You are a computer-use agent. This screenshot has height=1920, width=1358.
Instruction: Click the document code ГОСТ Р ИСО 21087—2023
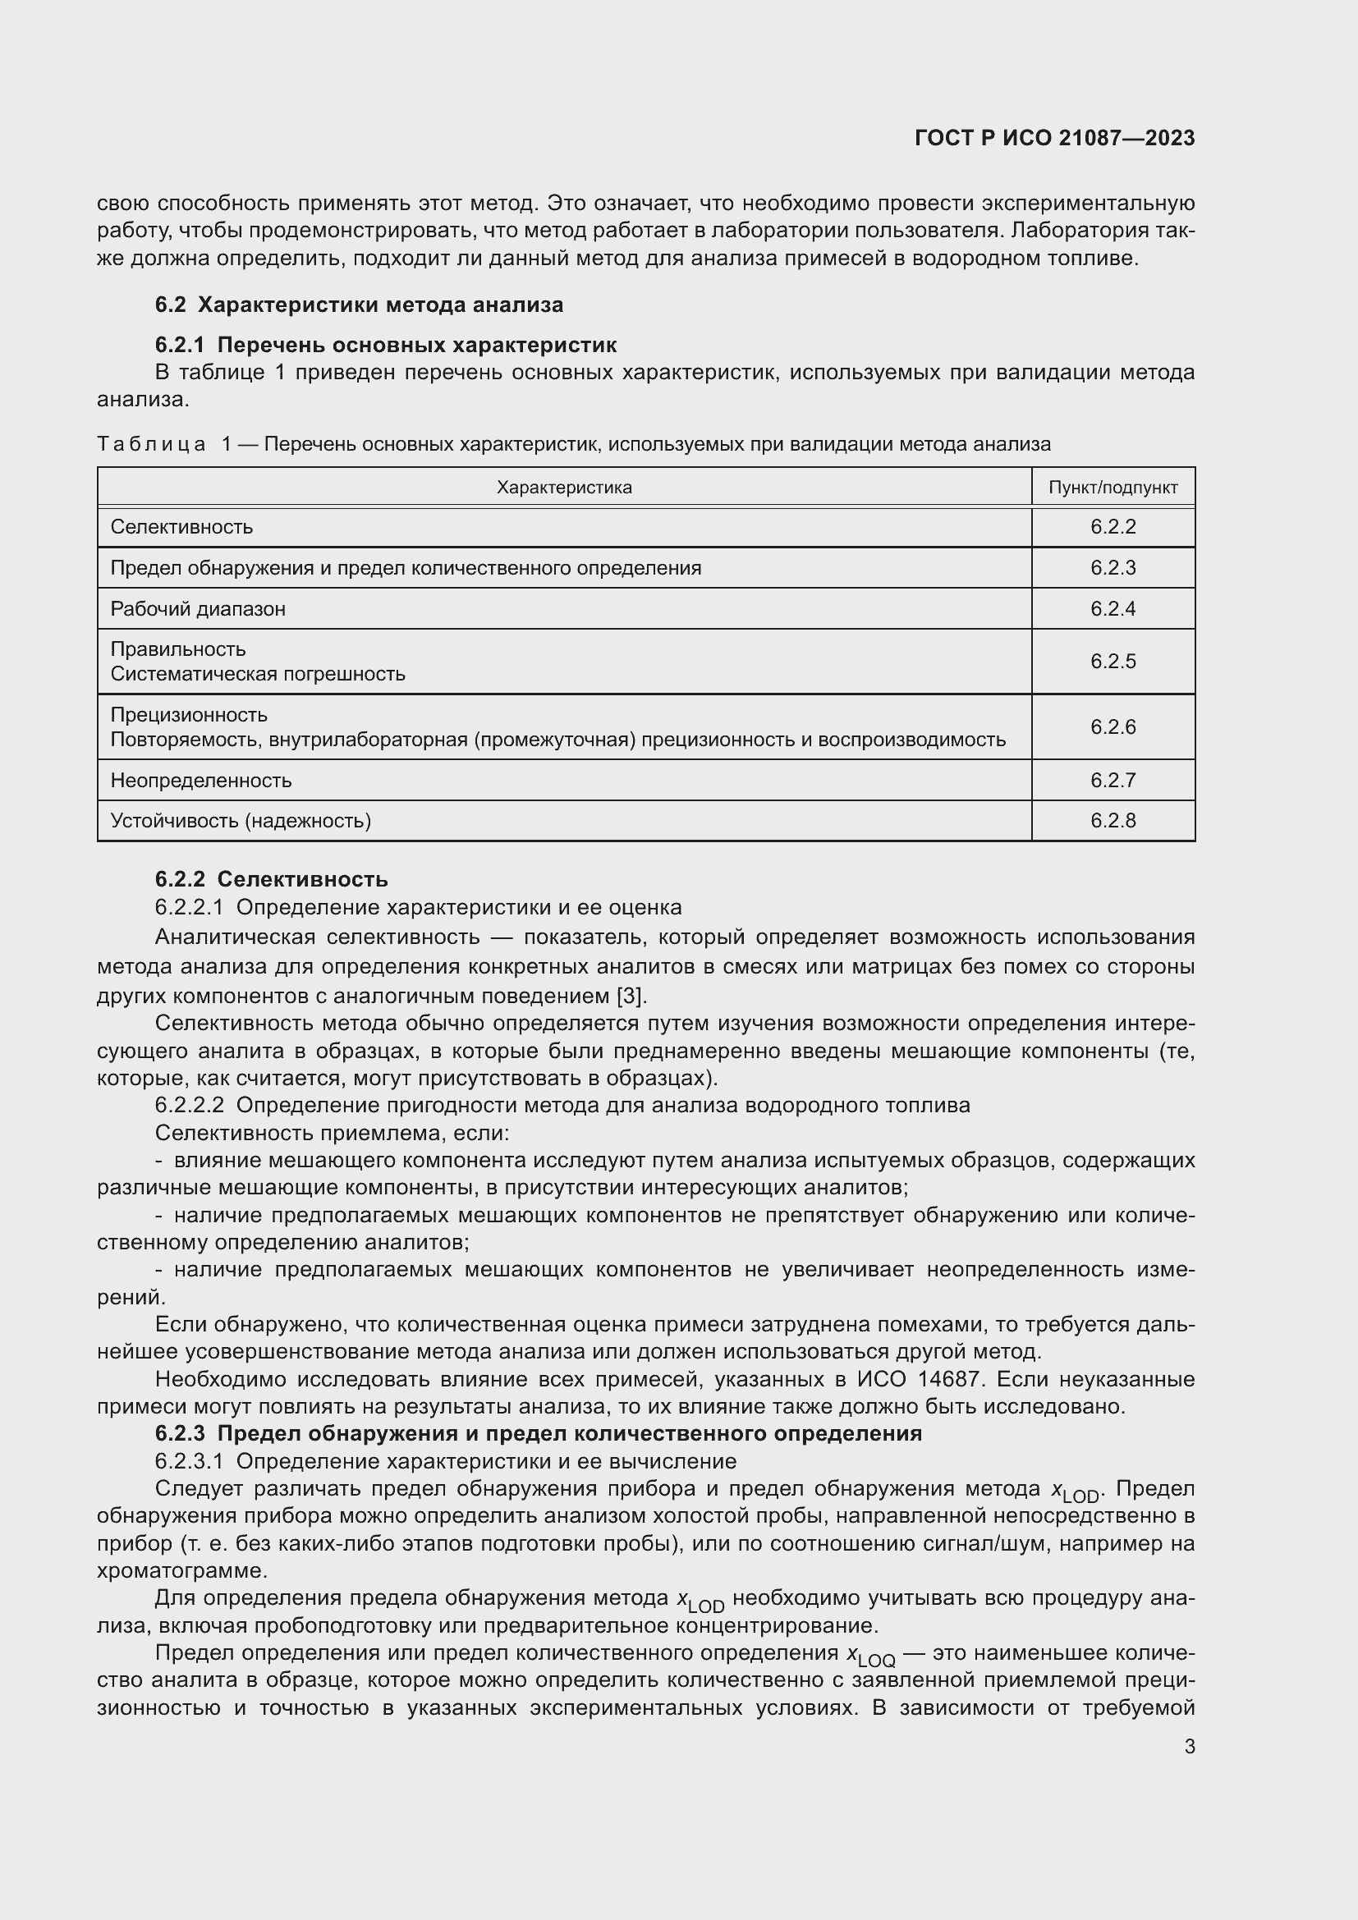click(1054, 138)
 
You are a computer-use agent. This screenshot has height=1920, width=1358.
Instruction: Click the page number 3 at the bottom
click(1189, 1747)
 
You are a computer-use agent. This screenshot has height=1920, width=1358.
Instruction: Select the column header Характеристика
click(563, 488)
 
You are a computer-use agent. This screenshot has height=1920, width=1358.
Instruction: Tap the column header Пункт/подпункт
click(1113, 488)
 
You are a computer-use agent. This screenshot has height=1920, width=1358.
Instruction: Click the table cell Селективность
click(181, 527)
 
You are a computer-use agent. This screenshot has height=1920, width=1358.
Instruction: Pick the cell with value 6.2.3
click(1113, 568)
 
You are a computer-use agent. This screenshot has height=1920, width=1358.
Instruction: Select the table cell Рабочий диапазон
click(198, 609)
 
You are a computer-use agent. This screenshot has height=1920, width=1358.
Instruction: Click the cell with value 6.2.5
click(1113, 662)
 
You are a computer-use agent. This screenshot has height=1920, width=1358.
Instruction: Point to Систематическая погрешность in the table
click(258, 674)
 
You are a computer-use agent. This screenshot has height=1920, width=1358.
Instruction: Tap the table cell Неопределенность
click(200, 780)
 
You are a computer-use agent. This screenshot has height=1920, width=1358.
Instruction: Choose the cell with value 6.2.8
click(1113, 820)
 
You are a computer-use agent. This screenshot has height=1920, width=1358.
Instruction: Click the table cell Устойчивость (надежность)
click(241, 820)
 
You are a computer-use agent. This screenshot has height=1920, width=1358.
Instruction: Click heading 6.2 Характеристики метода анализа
click(359, 305)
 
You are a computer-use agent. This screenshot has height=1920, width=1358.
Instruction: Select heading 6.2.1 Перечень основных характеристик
click(386, 345)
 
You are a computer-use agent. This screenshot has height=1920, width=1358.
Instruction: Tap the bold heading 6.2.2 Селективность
click(271, 879)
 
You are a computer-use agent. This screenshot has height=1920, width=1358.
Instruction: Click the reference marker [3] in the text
click(631, 996)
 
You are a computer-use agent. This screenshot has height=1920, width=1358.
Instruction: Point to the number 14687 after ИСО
click(953, 1379)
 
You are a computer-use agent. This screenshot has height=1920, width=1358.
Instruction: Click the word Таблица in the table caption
click(151, 444)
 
